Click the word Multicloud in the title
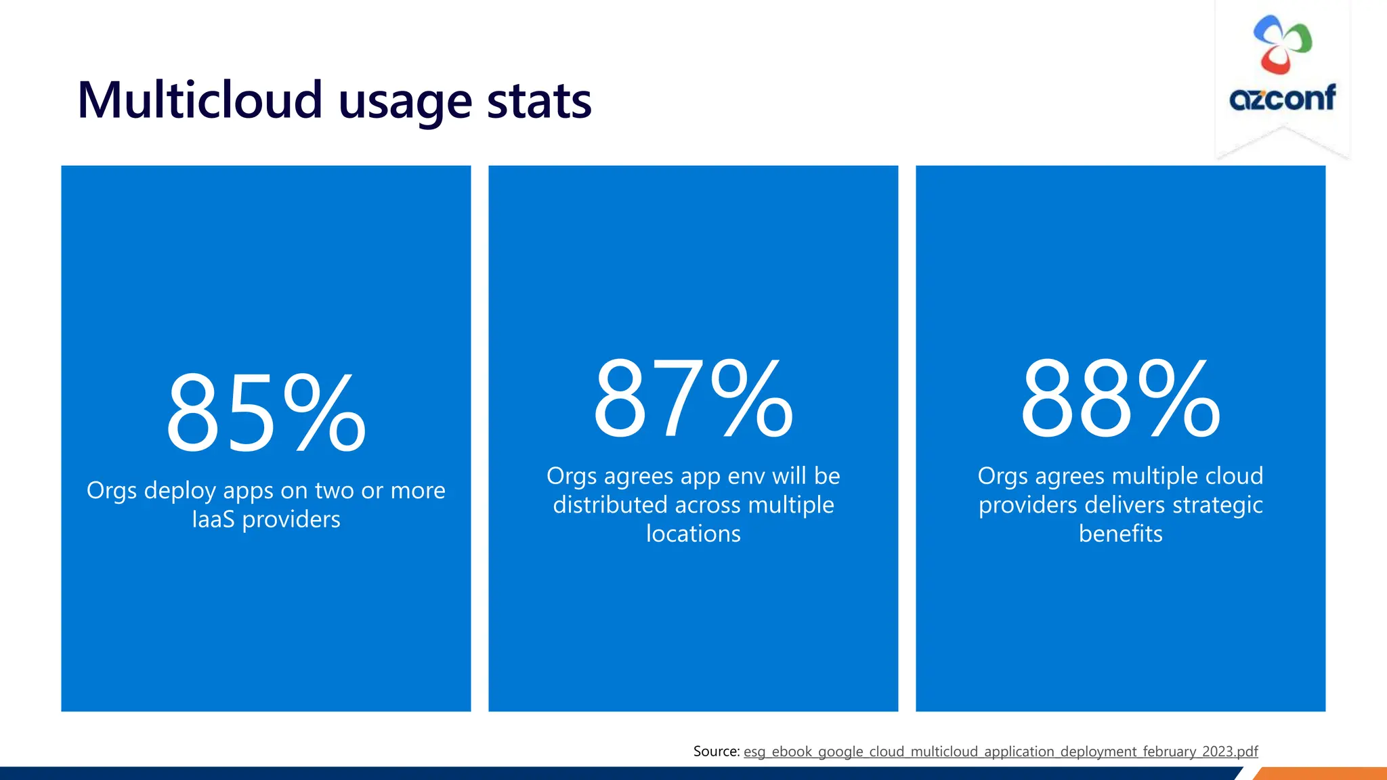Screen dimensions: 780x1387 (x=199, y=100)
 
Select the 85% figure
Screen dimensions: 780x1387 (x=266, y=413)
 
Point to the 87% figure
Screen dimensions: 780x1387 (x=693, y=399)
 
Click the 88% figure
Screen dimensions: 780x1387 (x=1120, y=399)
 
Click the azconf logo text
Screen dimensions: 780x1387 (x=1282, y=98)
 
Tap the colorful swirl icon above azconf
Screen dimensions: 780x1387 (x=1282, y=44)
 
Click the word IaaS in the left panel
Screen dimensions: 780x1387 (x=213, y=519)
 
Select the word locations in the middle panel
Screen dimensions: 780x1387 (x=693, y=534)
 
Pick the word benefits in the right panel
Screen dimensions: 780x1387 (x=1120, y=534)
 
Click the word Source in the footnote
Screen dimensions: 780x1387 (x=715, y=751)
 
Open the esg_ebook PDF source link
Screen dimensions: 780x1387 (x=1000, y=752)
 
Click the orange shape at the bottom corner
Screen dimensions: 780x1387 (x=1321, y=774)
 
